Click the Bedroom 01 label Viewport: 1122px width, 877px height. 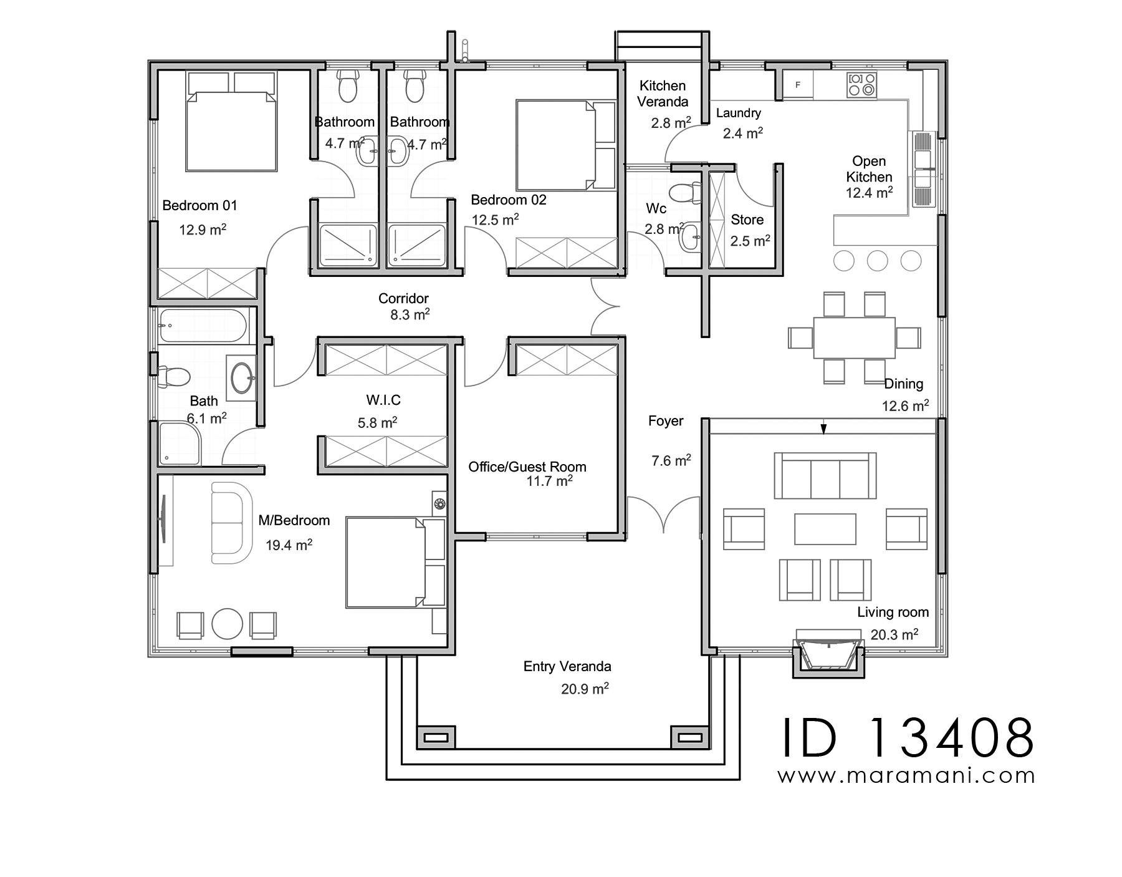199,205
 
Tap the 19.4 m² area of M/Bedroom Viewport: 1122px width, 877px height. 289,545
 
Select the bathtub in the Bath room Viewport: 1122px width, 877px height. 202,326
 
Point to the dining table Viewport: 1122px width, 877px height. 854,337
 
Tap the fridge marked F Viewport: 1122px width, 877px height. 798,85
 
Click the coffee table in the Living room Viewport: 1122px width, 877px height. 825,529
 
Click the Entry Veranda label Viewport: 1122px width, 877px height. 567,666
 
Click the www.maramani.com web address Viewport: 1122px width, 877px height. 906,775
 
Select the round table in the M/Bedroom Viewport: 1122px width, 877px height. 227,623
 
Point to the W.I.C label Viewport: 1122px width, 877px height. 383,399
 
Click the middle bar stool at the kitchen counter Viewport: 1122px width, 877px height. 877,261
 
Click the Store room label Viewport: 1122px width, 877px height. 747,220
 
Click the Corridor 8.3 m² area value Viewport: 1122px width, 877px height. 410,315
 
